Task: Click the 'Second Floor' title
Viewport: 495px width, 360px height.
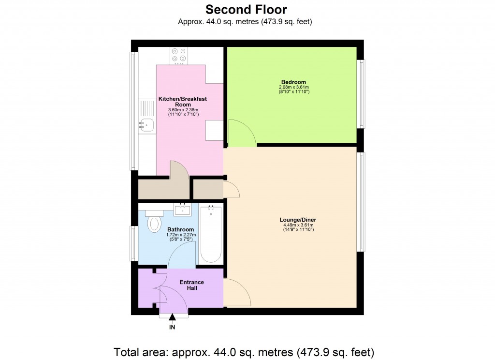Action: [x=247, y=9]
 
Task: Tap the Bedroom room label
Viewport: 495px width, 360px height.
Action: [x=293, y=82]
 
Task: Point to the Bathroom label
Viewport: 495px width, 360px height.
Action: [x=181, y=229]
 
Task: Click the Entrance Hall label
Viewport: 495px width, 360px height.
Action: [x=192, y=285]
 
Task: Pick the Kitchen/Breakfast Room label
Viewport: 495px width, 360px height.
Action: [x=183, y=102]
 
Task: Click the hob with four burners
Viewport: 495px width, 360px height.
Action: [x=179, y=56]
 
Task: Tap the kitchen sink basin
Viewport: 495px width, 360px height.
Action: [x=146, y=126]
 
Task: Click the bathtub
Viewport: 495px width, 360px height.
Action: [x=211, y=235]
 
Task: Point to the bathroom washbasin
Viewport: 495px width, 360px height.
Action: [x=183, y=210]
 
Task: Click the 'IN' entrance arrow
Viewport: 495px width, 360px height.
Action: [x=172, y=318]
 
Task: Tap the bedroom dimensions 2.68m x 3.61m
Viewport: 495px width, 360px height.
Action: [x=293, y=88]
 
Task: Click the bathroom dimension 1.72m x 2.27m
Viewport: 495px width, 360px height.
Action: [x=180, y=235]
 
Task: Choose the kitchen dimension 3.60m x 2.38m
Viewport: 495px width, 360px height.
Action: [x=183, y=110]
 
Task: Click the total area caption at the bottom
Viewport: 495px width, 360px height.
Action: [x=244, y=352]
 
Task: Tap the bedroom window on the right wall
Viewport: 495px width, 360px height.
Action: [x=361, y=94]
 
